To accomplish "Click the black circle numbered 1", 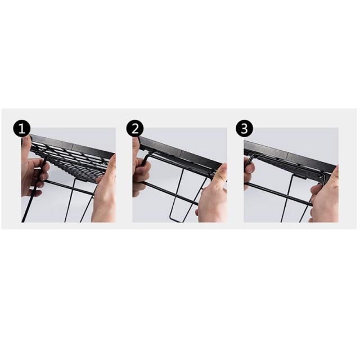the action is (21, 128).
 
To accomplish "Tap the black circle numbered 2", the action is (135, 128).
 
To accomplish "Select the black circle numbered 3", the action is (245, 128).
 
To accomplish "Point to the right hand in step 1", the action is (105, 191).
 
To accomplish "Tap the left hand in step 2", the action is (141, 170).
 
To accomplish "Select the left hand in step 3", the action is (249, 170).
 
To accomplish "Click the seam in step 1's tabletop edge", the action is (73, 146).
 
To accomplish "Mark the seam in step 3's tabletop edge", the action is (287, 156).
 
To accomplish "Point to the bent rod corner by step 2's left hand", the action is (146, 156).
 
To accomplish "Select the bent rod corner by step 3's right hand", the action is (323, 175).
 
